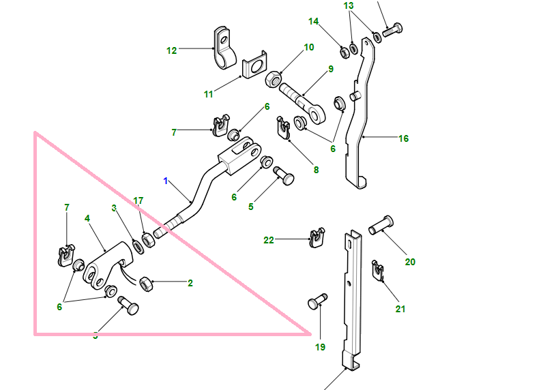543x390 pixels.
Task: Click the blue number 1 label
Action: (x=165, y=181)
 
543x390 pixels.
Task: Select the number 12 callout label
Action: (x=171, y=50)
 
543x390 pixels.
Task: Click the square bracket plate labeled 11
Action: (x=254, y=67)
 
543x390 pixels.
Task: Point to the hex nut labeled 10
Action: (x=273, y=78)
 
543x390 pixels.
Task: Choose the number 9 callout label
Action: (x=330, y=69)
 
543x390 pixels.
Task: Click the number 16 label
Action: (x=403, y=138)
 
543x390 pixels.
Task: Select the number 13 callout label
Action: (x=349, y=5)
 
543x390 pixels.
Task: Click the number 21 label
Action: (x=400, y=309)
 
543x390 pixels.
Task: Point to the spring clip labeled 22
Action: (x=315, y=238)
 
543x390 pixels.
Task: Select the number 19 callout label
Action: (x=320, y=347)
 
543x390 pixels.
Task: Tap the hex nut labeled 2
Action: (x=145, y=282)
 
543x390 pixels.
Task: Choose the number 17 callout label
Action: (x=138, y=200)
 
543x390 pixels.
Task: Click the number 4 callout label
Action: (x=87, y=218)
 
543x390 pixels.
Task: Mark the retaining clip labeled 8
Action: (x=284, y=127)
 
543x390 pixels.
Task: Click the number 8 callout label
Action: (x=315, y=170)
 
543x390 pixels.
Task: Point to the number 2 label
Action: (x=190, y=282)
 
